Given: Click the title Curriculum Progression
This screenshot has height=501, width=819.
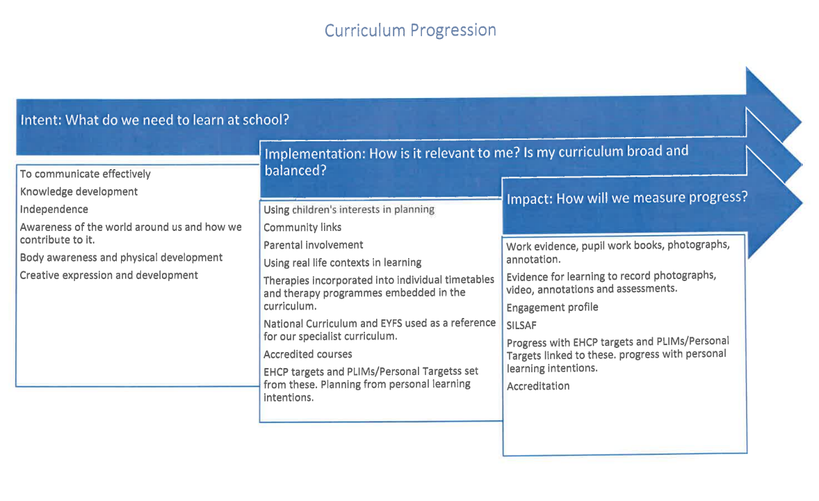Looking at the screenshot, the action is [410, 31].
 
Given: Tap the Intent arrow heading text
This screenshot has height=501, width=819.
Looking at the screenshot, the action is [154, 120].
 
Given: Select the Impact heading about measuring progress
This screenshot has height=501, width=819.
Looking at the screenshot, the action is [627, 198].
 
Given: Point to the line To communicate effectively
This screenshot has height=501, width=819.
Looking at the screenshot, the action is [85, 174].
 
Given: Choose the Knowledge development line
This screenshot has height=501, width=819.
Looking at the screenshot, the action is [79, 192].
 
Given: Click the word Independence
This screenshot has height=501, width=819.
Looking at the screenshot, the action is [54, 209].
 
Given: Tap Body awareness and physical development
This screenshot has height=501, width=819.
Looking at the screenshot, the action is [121, 257].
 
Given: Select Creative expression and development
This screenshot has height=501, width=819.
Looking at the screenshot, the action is [108, 275].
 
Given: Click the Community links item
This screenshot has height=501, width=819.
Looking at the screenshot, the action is [302, 228].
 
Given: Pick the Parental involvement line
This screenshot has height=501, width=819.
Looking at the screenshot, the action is [314, 245].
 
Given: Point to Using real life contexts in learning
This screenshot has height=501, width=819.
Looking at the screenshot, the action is [343, 262].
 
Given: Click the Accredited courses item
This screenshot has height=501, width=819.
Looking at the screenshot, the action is [308, 354].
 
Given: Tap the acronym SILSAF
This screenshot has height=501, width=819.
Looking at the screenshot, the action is [521, 325].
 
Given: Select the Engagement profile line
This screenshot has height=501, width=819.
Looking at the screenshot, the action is [552, 308].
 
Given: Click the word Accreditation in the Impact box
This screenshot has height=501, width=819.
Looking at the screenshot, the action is [538, 386].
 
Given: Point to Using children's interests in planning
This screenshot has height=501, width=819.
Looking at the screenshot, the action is [349, 209].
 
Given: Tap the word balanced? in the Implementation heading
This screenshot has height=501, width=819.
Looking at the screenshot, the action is [295, 170].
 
